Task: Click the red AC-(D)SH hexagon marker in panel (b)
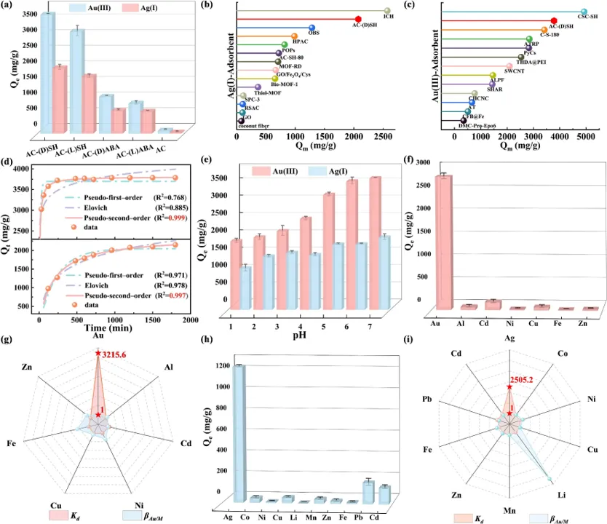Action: point(358,19)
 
